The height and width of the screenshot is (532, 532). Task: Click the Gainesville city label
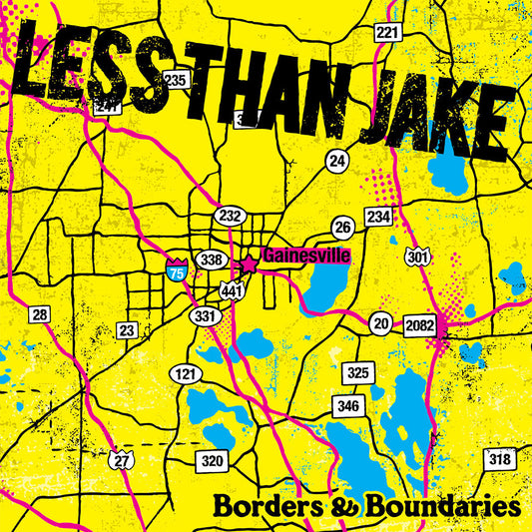pos(295,256)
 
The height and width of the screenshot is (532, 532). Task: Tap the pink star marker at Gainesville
pos(249,265)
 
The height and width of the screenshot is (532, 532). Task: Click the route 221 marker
pos(387,34)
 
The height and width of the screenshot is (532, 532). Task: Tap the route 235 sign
pos(176,80)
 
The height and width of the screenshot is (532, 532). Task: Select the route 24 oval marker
pos(337,159)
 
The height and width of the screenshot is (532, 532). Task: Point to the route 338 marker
pos(211,260)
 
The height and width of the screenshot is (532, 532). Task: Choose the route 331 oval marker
pos(204,315)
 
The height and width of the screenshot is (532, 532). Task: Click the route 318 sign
pos(498,459)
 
